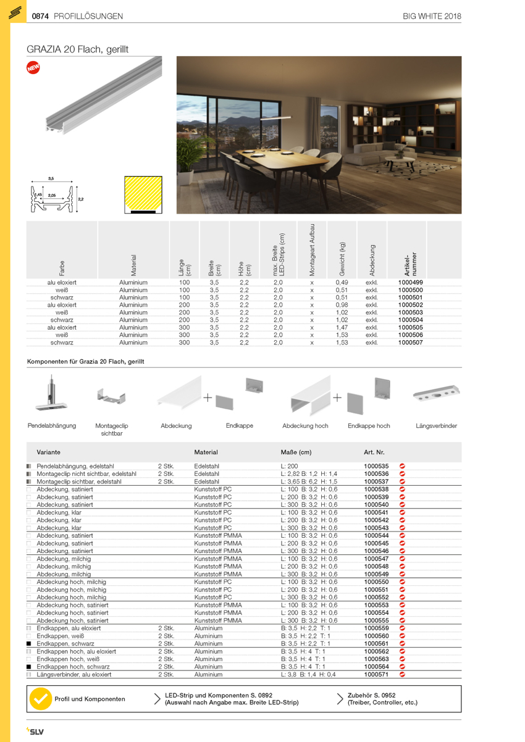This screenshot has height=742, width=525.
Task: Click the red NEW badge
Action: click(33, 68)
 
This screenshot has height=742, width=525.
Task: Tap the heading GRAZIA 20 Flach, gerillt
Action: click(77, 49)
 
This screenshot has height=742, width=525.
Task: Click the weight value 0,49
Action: click(342, 282)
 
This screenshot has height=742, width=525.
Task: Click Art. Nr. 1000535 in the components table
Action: click(376, 466)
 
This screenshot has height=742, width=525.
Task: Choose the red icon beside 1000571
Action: click(402, 675)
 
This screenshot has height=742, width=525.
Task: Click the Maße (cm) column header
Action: click(296, 452)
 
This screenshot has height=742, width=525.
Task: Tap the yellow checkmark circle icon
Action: click(41, 699)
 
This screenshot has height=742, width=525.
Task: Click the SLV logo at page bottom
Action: click(35, 732)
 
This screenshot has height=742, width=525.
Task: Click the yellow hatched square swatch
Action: click(143, 194)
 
